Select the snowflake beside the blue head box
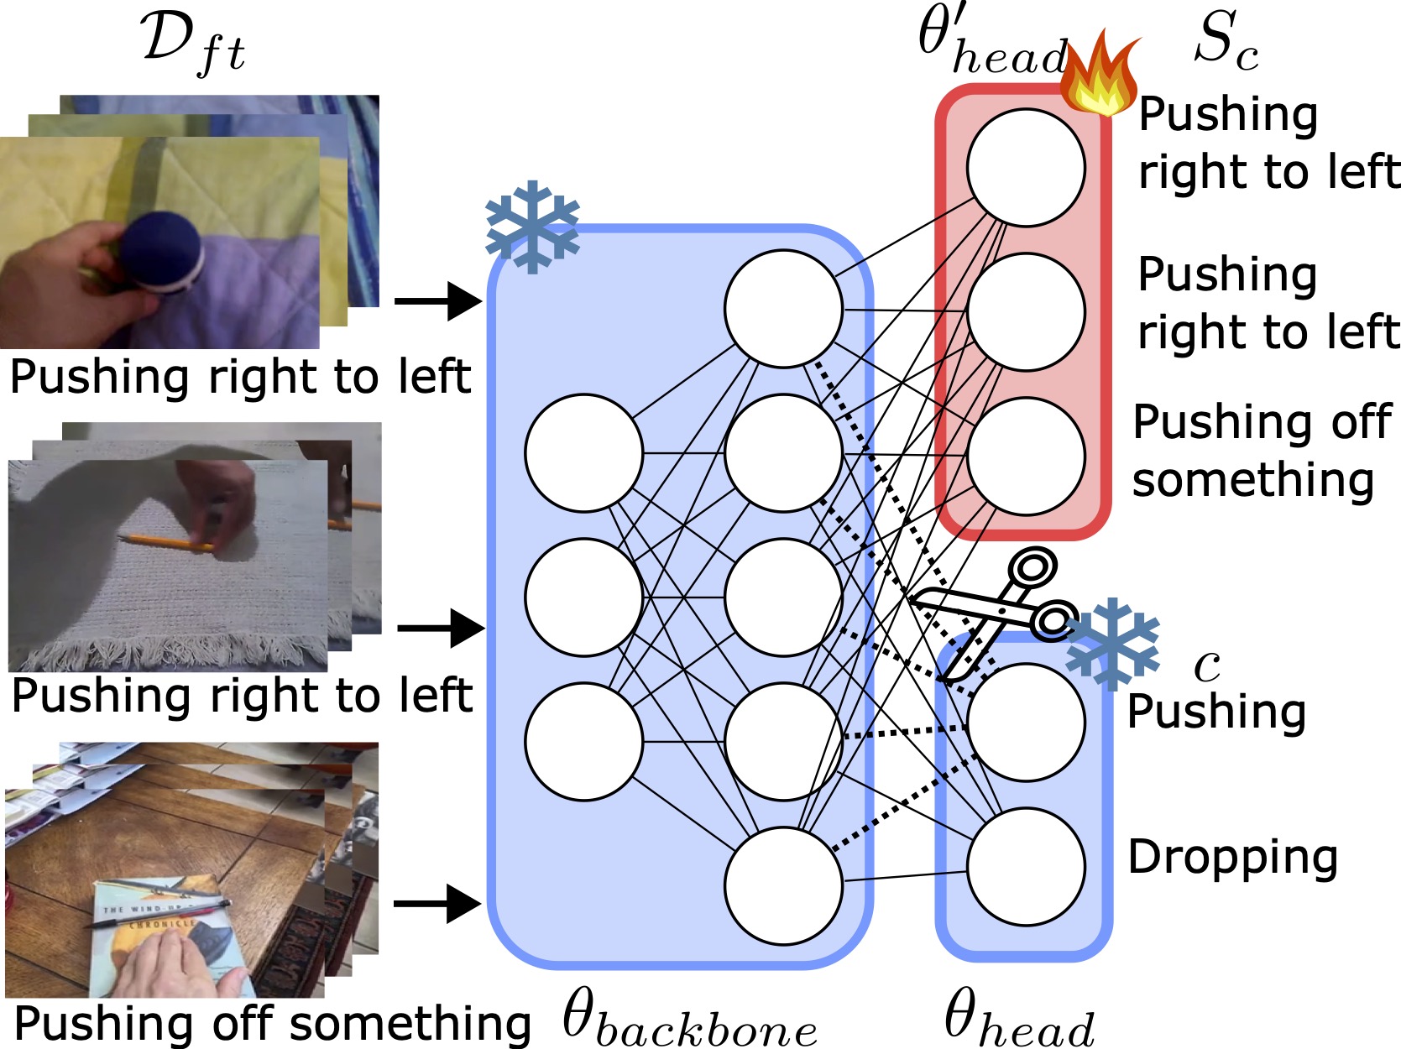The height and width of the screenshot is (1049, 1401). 1112,642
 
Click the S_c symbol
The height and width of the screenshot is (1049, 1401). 1226,42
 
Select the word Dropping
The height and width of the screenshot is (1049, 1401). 1232,858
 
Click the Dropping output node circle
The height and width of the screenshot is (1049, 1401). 1026,866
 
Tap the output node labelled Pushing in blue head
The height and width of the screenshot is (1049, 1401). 1026,722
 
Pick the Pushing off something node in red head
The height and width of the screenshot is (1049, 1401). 1026,456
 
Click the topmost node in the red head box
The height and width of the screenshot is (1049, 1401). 1026,168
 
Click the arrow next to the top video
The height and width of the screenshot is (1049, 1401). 437,300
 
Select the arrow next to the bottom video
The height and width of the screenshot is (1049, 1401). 437,903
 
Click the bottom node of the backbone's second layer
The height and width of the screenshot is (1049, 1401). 784,885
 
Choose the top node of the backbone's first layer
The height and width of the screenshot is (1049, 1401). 584,453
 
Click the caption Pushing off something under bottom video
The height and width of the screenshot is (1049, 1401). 273,1024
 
